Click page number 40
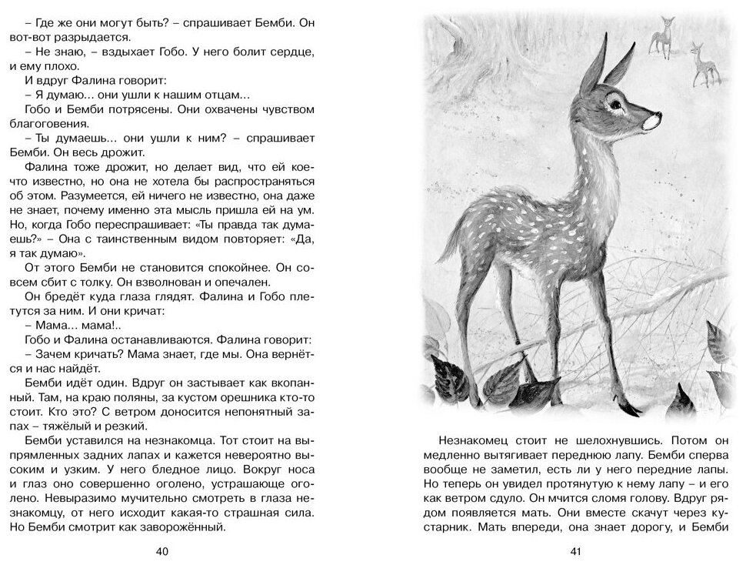pos(160,550)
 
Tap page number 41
pos(575,550)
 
